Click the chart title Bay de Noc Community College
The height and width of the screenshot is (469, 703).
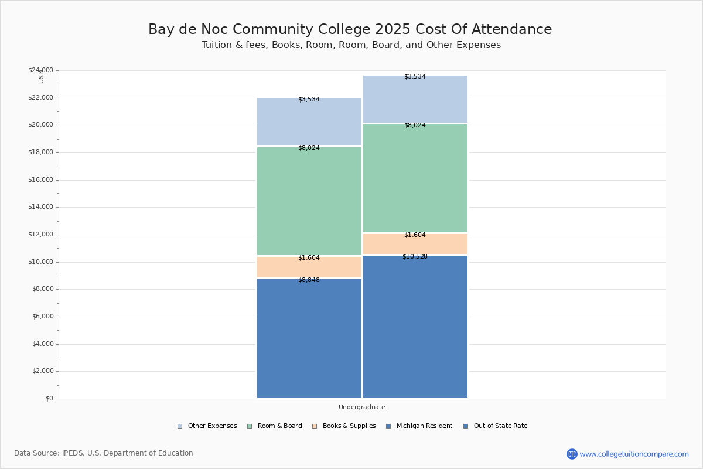pyautogui.click(x=350, y=29)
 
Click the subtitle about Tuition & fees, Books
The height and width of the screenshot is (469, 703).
pyautogui.click(x=351, y=45)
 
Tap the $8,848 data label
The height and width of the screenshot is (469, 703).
pyautogui.click(x=309, y=280)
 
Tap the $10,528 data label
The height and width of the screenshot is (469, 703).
pyautogui.click(x=415, y=257)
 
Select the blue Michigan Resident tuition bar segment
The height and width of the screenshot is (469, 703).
pyautogui.click(x=309, y=340)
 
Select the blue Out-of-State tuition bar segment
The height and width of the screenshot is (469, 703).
pyautogui.click(x=415, y=328)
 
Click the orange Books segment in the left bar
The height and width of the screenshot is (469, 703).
pyautogui.click(x=309, y=268)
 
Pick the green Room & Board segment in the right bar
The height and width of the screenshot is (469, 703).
pyautogui.click(x=415, y=179)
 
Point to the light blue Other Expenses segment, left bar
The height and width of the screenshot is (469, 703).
pyautogui.click(x=309, y=122)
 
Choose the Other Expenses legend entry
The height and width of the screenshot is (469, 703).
pyautogui.click(x=207, y=426)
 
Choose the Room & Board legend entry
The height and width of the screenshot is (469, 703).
pyautogui.click(x=275, y=426)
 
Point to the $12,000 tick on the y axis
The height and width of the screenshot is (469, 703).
pyautogui.click(x=40, y=235)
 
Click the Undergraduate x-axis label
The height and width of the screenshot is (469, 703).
pyautogui.click(x=361, y=407)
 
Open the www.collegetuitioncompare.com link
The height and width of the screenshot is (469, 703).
pyautogui.click(x=634, y=454)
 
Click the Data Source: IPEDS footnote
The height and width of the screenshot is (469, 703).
pyautogui.click(x=104, y=453)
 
